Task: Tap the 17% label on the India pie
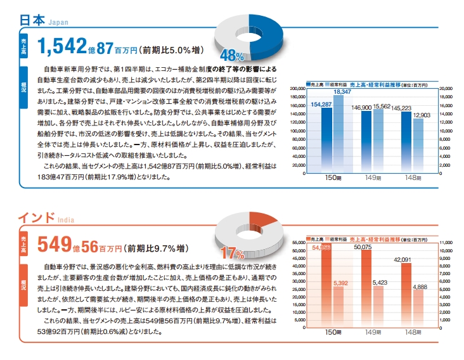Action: coord(232,254)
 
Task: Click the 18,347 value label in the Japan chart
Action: coord(342,92)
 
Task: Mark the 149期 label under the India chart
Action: coord(371,332)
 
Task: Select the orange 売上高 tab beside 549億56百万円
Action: coord(23,243)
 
